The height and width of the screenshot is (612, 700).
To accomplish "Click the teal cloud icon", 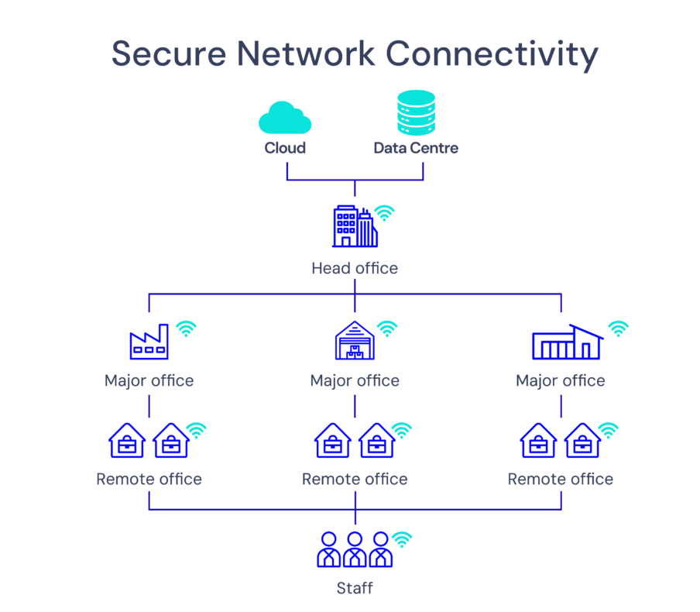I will pos(285,118).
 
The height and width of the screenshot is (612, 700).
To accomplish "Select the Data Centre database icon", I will pos(415,113).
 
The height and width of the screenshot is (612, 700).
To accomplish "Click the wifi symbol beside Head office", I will pos(384,213).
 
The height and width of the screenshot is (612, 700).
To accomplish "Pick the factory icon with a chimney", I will pos(149,342).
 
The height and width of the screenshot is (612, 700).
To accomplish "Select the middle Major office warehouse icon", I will pos(355,341).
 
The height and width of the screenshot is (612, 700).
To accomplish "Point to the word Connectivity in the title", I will pos(492,53).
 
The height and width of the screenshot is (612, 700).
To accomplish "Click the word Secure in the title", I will pos(168,53).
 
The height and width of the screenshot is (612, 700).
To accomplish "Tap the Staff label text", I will pos(355,588).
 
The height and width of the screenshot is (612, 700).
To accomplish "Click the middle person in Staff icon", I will pos(355,549).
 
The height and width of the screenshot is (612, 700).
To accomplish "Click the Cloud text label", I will pos(285,147).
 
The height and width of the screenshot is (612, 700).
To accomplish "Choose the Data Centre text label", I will pos(416,147).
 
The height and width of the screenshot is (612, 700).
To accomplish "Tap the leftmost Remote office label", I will pos(149,479).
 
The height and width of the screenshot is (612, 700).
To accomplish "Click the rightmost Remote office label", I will pos(560,479).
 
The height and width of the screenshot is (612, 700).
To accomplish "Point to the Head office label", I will pos(355,268).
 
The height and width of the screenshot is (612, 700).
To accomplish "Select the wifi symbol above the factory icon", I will pos(186,329).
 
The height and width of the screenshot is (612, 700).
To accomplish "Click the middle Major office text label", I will pos(355,380).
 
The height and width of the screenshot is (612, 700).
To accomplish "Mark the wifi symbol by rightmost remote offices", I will pos(609,430).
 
